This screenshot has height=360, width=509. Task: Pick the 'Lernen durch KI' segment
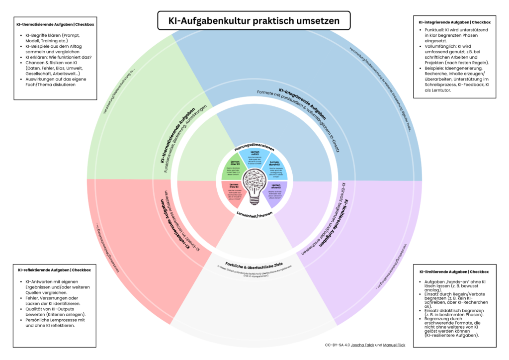point(275,168)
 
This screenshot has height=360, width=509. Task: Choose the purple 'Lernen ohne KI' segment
point(276,192)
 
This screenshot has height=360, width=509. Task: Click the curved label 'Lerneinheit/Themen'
point(254,214)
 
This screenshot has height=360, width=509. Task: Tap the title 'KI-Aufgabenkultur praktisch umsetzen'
point(254,21)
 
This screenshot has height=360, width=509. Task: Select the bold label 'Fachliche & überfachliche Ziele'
point(254,263)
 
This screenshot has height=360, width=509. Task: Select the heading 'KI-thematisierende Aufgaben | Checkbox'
point(54,24)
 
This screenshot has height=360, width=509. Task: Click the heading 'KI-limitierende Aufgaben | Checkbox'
point(454,272)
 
